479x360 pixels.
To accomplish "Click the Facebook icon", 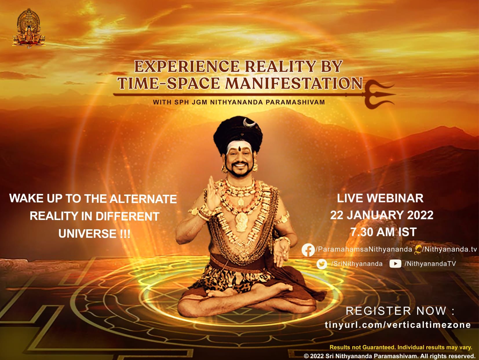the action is (x=308, y=250).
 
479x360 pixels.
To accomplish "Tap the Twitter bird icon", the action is (x=322, y=264).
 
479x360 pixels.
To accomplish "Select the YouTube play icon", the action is (x=395, y=264).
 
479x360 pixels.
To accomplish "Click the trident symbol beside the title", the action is (x=380, y=94).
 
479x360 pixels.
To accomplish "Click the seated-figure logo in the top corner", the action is (x=29, y=28).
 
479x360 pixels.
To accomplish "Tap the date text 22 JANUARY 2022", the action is (x=382, y=215).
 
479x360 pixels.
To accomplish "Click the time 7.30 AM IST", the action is (x=384, y=232).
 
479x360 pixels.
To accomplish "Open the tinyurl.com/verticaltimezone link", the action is (x=398, y=325).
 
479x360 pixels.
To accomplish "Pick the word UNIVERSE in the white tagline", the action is (x=87, y=234).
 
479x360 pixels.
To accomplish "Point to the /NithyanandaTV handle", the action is (x=430, y=264).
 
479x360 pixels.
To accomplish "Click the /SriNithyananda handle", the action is (x=356, y=264).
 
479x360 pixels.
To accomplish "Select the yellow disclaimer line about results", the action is (x=401, y=347).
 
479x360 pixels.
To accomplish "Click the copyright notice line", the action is (x=390, y=356).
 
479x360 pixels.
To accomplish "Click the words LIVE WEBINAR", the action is (x=380, y=198).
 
